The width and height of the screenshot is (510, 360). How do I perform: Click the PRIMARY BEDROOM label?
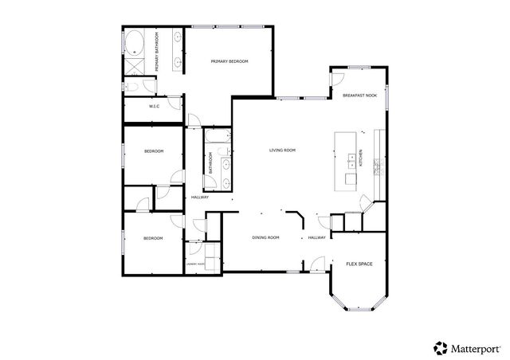pyautogui.click(x=229, y=61)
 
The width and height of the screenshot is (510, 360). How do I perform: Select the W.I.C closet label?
pyautogui.click(x=155, y=107)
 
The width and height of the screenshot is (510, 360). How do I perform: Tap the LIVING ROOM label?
pyautogui.click(x=282, y=150)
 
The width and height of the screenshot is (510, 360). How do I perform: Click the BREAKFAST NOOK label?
pyautogui.click(x=359, y=96)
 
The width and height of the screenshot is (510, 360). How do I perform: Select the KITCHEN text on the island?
pyautogui.click(x=360, y=158)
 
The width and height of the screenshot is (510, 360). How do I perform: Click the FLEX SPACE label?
pyautogui.click(x=359, y=263)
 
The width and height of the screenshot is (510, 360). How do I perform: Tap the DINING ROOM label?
pyautogui.click(x=265, y=237)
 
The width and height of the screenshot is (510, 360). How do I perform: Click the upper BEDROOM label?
pyautogui.click(x=154, y=151)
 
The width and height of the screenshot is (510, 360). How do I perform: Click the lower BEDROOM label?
pyautogui.click(x=153, y=238)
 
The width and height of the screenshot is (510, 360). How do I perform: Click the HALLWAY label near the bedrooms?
pyautogui.click(x=199, y=198)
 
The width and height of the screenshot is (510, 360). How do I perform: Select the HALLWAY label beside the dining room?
pyautogui.click(x=317, y=237)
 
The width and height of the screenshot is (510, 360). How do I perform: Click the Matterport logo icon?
pyautogui.click(x=440, y=346)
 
